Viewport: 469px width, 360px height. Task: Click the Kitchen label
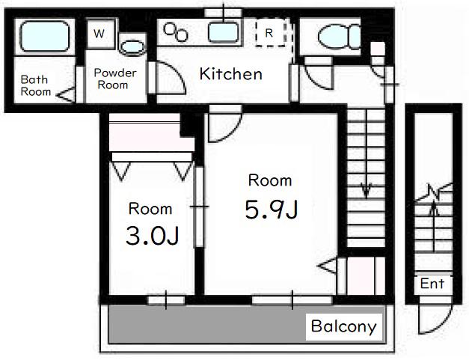pos(230,74)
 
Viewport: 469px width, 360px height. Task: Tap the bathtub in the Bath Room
pos(45,36)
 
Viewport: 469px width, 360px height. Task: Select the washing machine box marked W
pos(100,34)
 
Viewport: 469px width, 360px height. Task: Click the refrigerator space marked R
pos(270,33)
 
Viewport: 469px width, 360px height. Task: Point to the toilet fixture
pos(339,37)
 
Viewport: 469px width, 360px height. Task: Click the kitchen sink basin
pos(224,33)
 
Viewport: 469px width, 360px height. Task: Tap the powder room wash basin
pos(132,47)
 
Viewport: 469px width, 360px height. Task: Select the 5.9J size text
pos(272,210)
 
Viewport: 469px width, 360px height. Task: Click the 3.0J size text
pos(153,236)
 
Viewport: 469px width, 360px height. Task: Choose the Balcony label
pos(343,326)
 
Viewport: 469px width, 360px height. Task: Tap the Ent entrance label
pos(432,284)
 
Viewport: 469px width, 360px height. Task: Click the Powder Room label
pos(114,79)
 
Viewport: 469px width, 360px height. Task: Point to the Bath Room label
pos(35,85)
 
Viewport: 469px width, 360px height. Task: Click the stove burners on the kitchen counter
pos(176,32)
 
